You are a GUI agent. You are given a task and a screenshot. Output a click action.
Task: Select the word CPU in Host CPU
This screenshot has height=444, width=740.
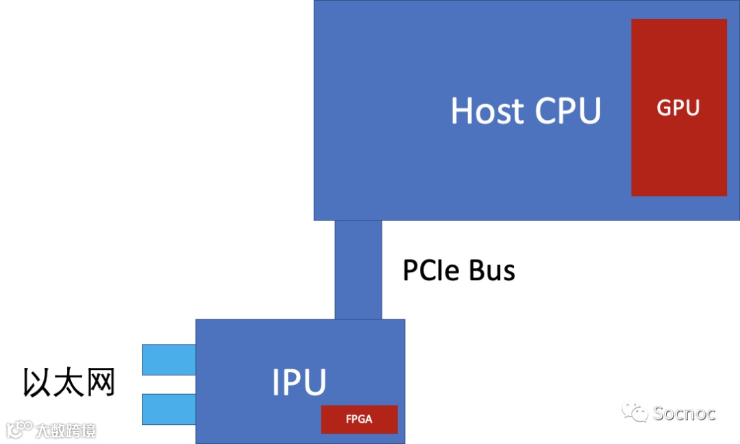click(568, 110)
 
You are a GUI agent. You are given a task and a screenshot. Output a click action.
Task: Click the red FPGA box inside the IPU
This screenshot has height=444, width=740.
click(359, 419)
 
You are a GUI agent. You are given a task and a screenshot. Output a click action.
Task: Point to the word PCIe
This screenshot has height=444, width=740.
click(432, 271)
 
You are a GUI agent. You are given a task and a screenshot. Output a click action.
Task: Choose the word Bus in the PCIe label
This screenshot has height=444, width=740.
click(492, 271)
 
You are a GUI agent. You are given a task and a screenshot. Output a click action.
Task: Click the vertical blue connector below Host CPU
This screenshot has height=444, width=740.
click(358, 269)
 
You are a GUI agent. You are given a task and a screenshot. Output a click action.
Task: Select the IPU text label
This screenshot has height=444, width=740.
click(299, 382)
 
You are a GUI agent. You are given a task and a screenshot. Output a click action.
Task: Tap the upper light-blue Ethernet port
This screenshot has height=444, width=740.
click(169, 360)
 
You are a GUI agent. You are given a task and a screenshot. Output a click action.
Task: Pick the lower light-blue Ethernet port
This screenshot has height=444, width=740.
click(169, 409)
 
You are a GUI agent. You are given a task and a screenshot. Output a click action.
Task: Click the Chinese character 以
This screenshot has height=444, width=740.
click(38, 383)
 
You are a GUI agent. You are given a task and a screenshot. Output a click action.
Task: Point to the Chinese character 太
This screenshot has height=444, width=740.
click(69, 383)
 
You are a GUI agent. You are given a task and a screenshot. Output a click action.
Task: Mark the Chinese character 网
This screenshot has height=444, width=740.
click(99, 383)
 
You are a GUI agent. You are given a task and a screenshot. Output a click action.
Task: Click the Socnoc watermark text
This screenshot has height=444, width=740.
click(684, 413)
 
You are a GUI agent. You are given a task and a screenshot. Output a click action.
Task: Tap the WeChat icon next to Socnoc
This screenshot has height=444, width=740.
click(634, 412)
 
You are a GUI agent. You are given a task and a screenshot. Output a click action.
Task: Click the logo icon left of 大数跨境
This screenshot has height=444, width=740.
click(20, 430)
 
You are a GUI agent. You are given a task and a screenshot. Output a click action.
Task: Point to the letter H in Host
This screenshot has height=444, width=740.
click(463, 110)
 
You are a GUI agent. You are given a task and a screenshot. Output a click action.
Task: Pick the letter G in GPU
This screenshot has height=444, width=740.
click(665, 108)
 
